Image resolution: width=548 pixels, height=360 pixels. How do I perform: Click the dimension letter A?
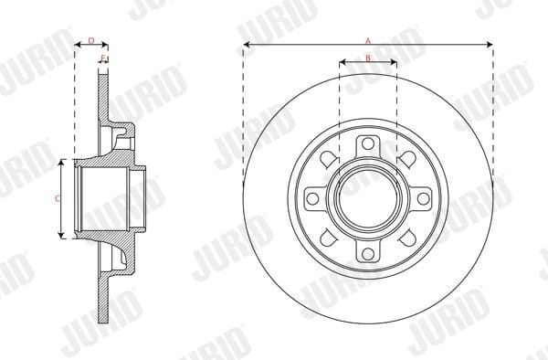click(x=368, y=40)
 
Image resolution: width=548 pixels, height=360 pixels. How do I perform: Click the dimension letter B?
click(x=367, y=58)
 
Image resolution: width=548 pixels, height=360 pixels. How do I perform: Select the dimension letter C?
click(x=57, y=197)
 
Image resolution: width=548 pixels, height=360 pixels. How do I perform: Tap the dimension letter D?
click(x=90, y=40)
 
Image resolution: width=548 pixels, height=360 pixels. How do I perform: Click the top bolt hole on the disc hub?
click(x=367, y=143)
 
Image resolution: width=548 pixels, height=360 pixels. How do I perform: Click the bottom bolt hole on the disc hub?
click(x=367, y=254)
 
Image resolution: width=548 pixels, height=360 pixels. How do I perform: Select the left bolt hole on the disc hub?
click(x=312, y=198)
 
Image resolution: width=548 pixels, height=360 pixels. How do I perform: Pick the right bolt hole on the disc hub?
click(x=423, y=198)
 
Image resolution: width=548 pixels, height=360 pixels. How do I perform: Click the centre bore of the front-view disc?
click(x=367, y=198)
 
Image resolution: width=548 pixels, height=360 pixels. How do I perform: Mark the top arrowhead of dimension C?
click(x=61, y=161)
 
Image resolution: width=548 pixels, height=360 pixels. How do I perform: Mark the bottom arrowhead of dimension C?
click(x=61, y=235)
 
